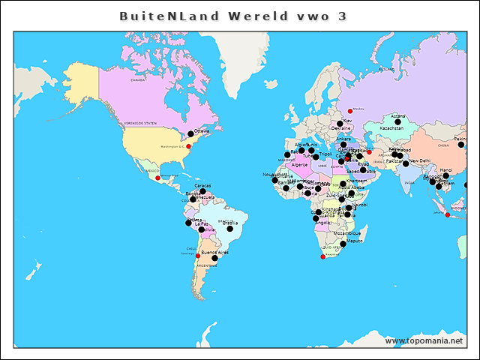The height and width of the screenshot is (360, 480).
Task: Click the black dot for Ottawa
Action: pos(190,134)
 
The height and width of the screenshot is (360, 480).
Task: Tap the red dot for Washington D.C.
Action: pos(188,147)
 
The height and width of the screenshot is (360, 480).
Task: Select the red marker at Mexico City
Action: pos(157,178)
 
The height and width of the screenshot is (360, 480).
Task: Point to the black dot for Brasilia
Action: pos(230,228)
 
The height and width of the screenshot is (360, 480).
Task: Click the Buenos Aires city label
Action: pos(214,253)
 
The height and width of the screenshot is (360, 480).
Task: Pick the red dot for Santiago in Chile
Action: pos(198,256)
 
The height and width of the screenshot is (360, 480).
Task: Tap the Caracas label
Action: pos(202,186)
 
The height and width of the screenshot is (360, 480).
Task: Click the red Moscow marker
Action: pos(349,111)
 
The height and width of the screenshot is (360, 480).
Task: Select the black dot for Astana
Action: pos(397,121)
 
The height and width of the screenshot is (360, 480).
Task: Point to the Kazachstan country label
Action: pos(391,128)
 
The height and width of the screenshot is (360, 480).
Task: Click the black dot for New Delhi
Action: pos(406,163)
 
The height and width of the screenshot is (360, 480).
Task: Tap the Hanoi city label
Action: pos(445,170)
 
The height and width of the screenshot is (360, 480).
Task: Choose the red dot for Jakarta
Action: pos(448,215)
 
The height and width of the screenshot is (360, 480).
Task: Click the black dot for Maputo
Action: pos(343,243)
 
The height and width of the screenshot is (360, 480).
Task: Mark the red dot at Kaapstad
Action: pos(323,257)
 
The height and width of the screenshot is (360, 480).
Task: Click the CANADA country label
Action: pos(138,79)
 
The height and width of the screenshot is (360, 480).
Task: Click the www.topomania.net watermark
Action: pos(424,341)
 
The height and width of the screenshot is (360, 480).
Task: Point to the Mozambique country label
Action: pos(346,233)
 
